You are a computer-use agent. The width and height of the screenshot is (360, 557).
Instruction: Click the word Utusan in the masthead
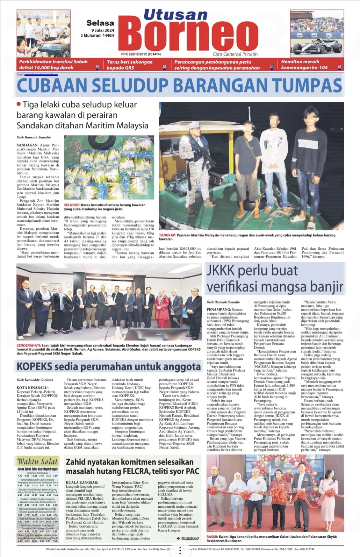175,15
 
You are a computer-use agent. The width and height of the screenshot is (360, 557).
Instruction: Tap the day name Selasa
100,23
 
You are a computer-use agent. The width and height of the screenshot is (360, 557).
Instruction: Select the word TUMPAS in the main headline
307,86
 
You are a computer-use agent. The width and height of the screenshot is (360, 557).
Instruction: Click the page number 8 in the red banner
272,67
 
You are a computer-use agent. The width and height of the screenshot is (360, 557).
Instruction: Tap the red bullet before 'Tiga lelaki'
19,104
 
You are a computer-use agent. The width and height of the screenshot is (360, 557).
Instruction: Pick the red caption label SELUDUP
72,205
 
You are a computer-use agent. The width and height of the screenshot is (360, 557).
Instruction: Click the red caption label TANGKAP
167,235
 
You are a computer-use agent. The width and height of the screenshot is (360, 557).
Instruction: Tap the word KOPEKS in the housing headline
35,366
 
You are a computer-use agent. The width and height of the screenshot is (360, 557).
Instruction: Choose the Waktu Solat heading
37,461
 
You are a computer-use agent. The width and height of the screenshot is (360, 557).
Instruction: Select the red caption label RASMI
212,536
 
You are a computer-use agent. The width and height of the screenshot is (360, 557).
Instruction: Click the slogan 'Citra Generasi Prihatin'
235,54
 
